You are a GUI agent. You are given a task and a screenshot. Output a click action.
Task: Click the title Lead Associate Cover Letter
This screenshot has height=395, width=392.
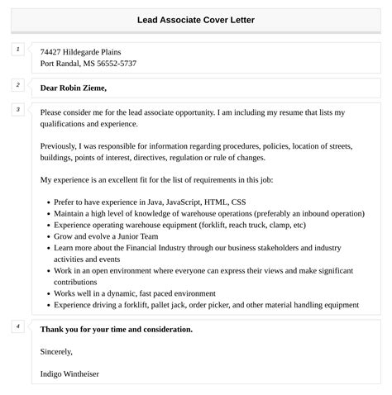(x=196, y=19)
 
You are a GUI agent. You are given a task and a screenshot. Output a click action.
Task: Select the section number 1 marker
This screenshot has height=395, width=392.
(x=17, y=50)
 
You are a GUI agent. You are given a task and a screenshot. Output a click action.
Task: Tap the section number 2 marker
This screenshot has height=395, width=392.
(x=17, y=84)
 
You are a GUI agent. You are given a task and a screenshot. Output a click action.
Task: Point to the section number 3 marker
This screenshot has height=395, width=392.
(x=17, y=109)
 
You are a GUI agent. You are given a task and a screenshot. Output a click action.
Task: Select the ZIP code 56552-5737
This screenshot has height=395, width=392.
(x=117, y=64)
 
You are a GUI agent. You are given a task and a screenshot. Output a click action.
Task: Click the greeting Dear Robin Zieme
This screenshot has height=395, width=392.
(x=74, y=88)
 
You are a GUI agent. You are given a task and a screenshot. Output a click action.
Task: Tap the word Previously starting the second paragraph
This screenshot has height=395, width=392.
(x=61, y=145)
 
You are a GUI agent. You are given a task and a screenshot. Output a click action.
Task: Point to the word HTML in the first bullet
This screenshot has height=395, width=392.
(x=218, y=202)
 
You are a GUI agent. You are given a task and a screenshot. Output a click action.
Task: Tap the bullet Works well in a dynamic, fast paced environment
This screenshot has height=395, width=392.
(x=135, y=293)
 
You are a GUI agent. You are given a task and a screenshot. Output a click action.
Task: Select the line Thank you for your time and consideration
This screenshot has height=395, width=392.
(x=117, y=329)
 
